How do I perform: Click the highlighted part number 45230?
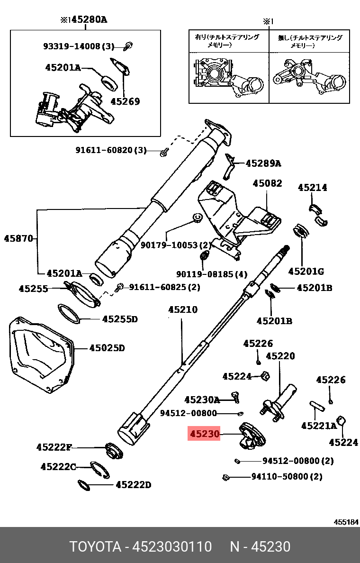click(204, 434)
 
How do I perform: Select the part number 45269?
click(125, 101)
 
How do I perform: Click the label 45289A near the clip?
click(263, 164)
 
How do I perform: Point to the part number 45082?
click(267, 183)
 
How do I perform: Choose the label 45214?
click(312, 188)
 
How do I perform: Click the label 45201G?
click(306, 271)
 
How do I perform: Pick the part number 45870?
click(18, 238)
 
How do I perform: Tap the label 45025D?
click(107, 348)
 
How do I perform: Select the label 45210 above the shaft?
click(182, 310)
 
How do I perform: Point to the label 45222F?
click(54, 447)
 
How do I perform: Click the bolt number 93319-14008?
click(72, 46)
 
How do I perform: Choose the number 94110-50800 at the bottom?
click(280, 476)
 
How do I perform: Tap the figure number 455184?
click(346, 522)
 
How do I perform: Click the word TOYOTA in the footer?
click(95, 546)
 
